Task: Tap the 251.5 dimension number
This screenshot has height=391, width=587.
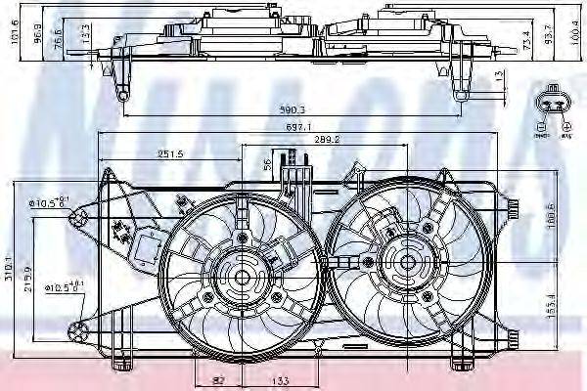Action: pos(172,154)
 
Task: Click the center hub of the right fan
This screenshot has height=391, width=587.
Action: pos(405,261)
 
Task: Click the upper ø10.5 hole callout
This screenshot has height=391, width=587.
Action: pos(49,203)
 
